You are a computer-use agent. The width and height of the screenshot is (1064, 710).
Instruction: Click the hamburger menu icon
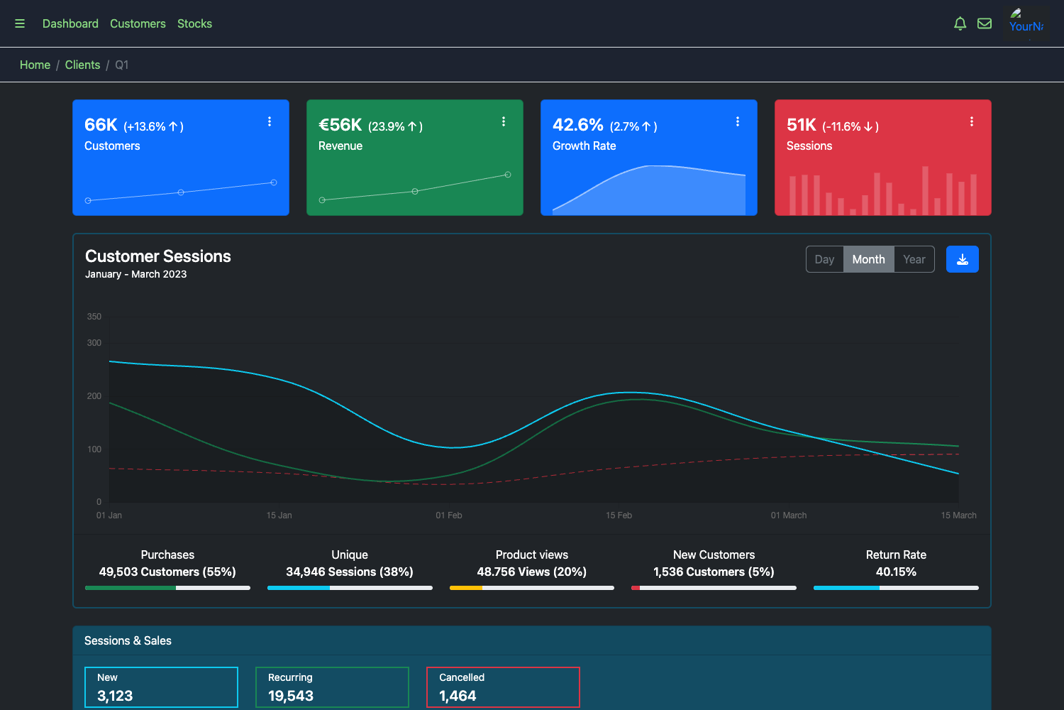[20, 23]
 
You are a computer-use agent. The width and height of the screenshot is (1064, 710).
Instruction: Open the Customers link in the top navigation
[138, 23]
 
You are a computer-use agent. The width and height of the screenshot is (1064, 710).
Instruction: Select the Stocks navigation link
[194, 23]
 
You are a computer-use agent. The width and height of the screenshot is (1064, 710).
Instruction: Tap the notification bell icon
[960, 23]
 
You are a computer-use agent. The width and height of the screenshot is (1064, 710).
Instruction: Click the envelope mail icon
[985, 23]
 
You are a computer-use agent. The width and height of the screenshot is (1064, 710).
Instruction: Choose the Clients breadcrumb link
[82, 65]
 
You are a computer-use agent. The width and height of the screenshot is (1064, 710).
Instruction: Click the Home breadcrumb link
[35, 65]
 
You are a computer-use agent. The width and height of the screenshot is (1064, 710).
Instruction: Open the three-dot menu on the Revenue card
[504, 121]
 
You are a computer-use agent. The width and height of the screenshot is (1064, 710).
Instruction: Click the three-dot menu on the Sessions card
[971, 121]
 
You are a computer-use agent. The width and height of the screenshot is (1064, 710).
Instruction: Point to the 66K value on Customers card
[101, 125]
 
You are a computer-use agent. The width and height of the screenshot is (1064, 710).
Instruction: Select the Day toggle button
[824, 259]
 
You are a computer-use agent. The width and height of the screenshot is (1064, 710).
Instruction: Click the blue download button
[962, 259]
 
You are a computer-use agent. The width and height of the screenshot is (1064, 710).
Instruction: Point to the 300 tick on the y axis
[94, 343]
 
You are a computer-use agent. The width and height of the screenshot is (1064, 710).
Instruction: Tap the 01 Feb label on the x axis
[448, 515]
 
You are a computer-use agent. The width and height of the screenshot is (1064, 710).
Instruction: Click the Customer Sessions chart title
[158, 256]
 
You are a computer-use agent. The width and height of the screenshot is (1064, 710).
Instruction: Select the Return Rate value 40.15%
[896, 572]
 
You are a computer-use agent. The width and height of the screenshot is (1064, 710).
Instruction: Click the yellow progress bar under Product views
[466, 588]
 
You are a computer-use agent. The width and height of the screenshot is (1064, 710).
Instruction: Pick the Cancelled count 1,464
[458, 696]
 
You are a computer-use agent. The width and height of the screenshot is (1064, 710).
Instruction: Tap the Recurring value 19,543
[291, 696]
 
